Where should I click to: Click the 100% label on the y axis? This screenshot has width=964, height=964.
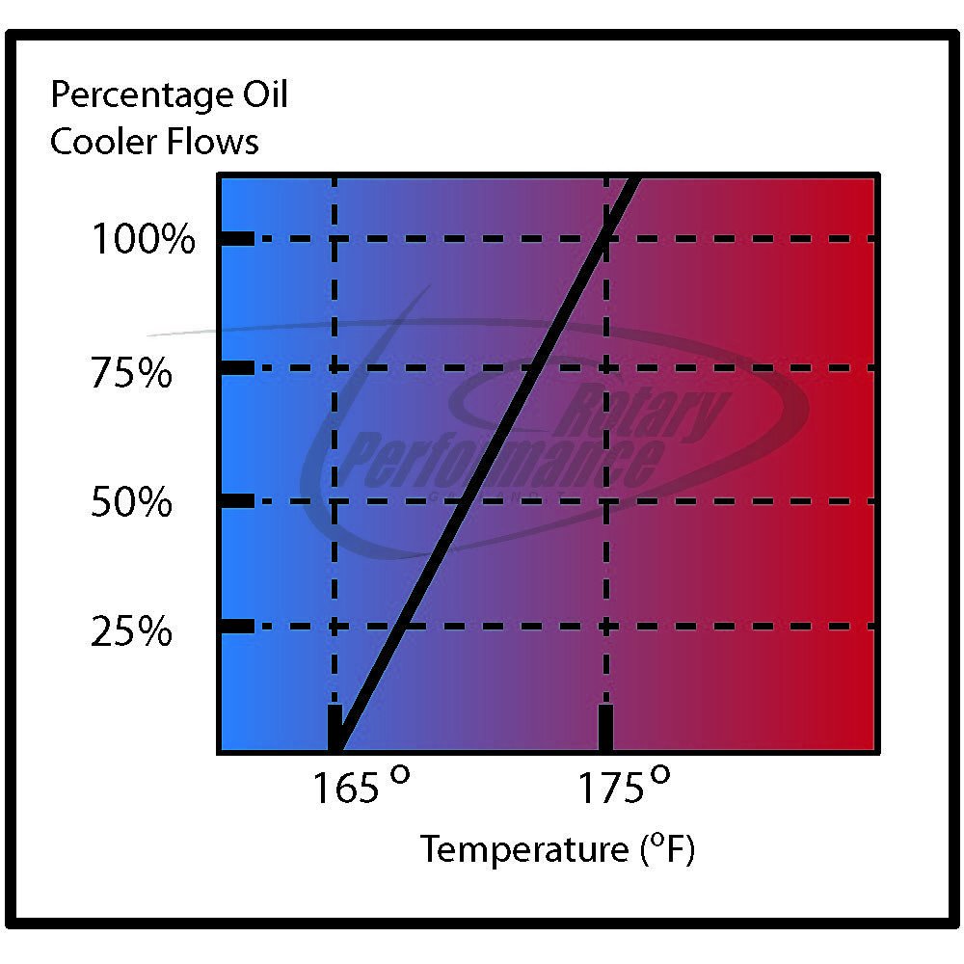(143, 239)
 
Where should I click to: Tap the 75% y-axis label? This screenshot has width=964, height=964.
(131, 373)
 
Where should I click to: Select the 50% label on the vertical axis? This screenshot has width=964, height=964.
(131, 502)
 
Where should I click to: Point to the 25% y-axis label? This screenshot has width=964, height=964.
(131, 633)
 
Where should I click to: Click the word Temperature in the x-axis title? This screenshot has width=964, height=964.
(525, 850)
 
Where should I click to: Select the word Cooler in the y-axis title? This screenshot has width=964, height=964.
(103, 142)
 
